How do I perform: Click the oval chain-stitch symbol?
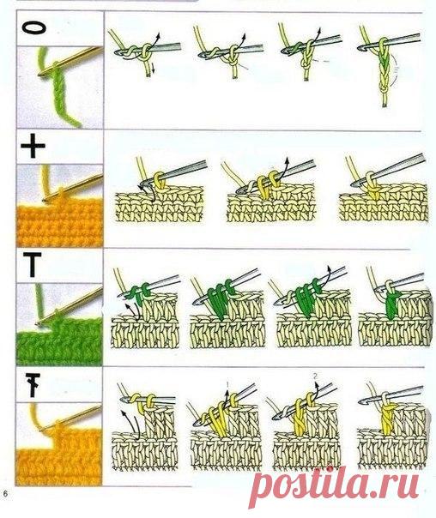(x=34, y=28)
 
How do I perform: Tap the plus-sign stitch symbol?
(x=33, y=147)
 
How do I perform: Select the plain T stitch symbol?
(x=32, y=264)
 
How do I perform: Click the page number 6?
(x=5, y=494)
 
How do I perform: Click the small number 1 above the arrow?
(x=227, y=384)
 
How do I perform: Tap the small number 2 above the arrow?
(x=315, y=376)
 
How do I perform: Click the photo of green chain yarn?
(x=59, y=87)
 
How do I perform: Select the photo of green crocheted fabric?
(x=59, y=324)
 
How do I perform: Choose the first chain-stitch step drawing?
(x=145, y=53)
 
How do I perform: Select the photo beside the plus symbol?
(x=59, y=206)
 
